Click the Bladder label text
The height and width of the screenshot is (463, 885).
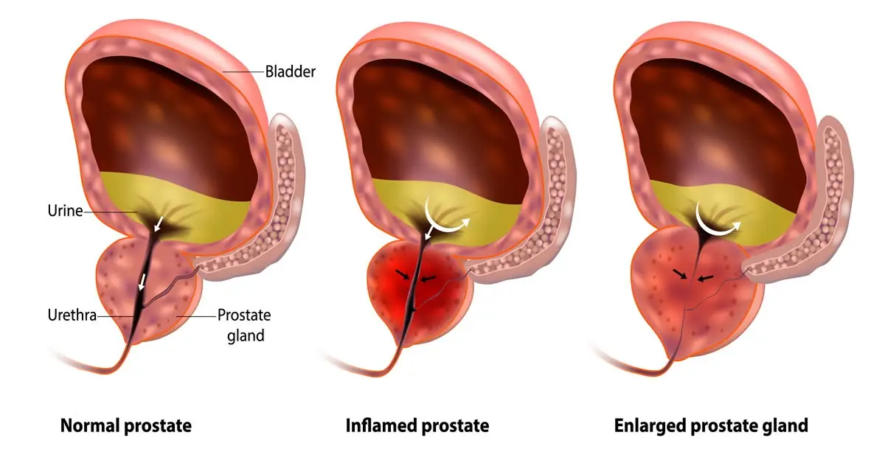click(x=290, y=72)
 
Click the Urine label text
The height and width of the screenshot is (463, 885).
click(x=65, y=211)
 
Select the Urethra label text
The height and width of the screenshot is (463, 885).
click(x=72, y=316)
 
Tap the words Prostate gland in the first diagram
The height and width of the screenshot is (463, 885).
click(x=245, y=325)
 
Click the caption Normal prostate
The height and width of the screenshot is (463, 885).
click(x=126, y=426)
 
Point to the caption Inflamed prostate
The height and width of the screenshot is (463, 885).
click(x=417, y=426)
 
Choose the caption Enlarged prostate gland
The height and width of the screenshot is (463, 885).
click(x=711, y=426)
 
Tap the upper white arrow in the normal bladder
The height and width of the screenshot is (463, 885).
click(x=159, y=223)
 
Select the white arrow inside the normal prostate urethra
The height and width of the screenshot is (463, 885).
click(x=142, y=282)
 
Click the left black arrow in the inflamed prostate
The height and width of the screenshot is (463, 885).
click(x=403, y=274)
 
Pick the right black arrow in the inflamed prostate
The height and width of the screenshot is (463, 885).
click(x=428, y=279)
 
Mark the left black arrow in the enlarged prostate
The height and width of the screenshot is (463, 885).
click(x=680, y=274)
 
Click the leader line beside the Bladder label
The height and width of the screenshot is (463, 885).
click(x=243, y=72)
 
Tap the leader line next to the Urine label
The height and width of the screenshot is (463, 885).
click(x=111, y=212)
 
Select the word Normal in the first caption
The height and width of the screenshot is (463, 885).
click(x=90, y=426)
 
